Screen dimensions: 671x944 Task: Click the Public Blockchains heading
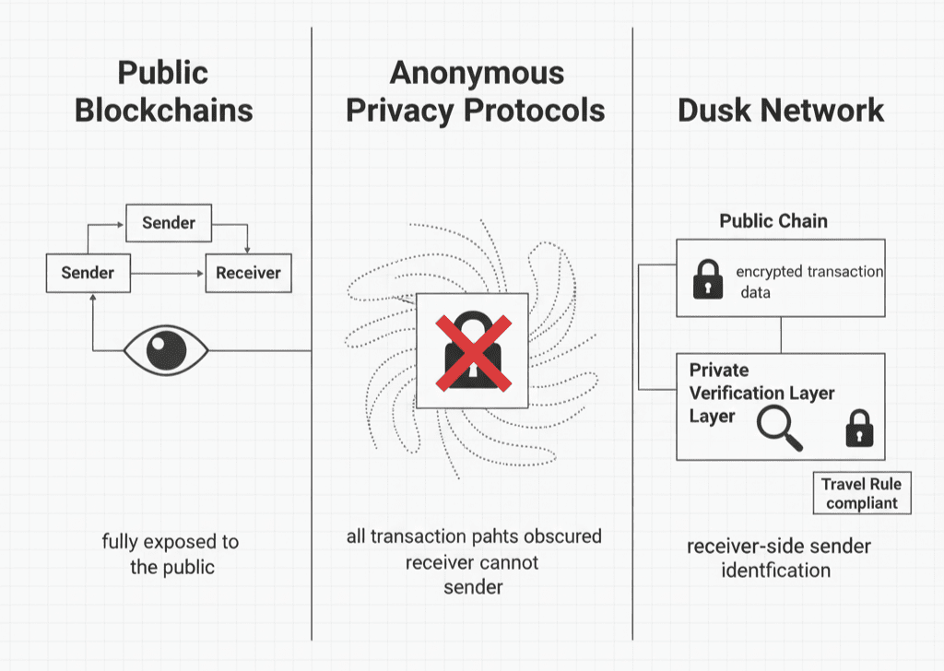[163, 91]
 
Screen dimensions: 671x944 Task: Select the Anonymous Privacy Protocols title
[475, 91]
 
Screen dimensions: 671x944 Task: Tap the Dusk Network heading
[781, 111]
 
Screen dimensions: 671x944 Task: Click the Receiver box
[247, 273]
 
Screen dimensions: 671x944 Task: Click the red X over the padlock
[471, 351]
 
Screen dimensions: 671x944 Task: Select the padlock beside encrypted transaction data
[708, 279]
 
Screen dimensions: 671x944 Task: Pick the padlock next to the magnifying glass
[859, 428]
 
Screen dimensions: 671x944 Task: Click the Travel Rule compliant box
[861, 493]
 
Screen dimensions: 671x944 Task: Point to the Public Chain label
[773, 221]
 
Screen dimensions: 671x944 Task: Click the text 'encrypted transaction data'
[808, 281]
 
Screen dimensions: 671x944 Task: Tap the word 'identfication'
[777, 571]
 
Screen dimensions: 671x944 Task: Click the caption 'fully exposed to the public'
[171, 554]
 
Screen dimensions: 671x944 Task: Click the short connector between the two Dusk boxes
[781, 335]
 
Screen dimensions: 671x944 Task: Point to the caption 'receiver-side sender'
[778, 547]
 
